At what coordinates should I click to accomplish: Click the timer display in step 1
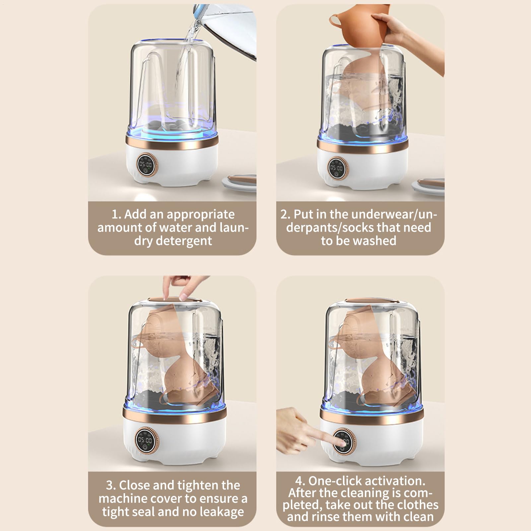coord(145,165)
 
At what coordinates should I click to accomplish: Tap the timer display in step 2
coord(336,168)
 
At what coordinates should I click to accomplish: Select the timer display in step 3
coord(145,440)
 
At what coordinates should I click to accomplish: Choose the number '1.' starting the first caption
coord(116,214)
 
